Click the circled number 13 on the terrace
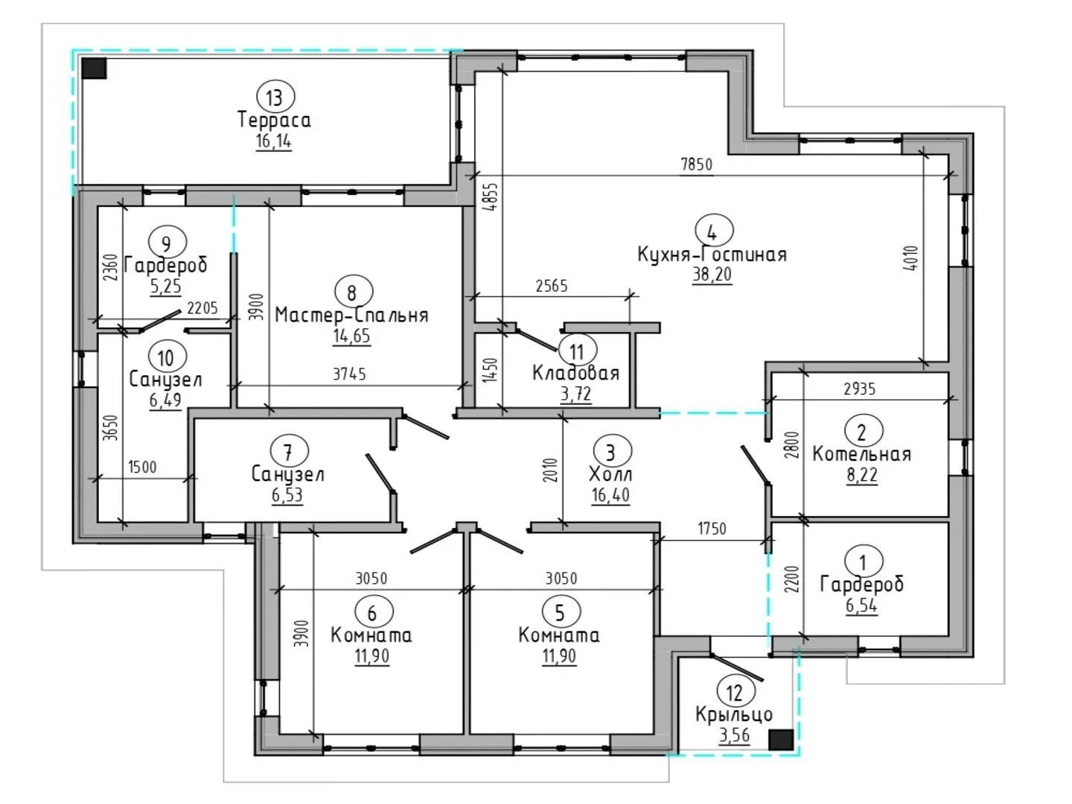click(275, 97)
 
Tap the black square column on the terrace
click(95, 68)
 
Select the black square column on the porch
click(780, 739)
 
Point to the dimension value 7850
click(697, 165)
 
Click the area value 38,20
click(712, 275)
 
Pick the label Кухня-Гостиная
click(712, 255)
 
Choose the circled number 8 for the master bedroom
click(353, 293)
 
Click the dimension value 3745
click(349, 374)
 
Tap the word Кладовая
click(575, 373)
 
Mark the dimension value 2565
click(552, 286)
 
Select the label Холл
click(610, 474)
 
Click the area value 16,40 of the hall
click(610, 495)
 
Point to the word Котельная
click(861, 454)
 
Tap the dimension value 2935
click(860, 389)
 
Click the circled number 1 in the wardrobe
click(863, 563)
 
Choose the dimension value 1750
click(712, 529)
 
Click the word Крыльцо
click(733, 715)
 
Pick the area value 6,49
click(165, 400)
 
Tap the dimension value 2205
click(202, 308)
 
